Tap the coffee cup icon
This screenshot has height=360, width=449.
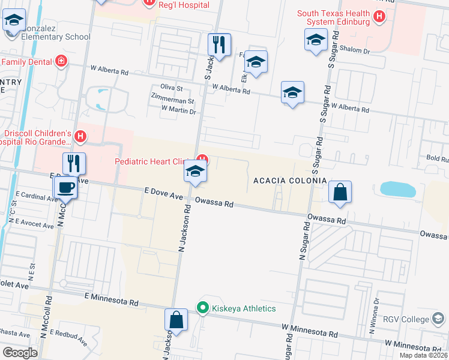[65, 187]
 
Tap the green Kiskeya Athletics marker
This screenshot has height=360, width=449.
[203, 308]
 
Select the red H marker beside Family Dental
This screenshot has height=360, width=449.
[60, 61]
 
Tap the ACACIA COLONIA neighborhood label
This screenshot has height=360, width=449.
[290, 181]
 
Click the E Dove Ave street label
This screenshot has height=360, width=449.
[163, 196]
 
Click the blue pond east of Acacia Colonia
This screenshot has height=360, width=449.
[397, 190]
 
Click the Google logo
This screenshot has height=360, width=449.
[20, 353]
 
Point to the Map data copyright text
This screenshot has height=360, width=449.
[423, 355]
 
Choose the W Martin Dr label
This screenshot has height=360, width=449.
[179, 111]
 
